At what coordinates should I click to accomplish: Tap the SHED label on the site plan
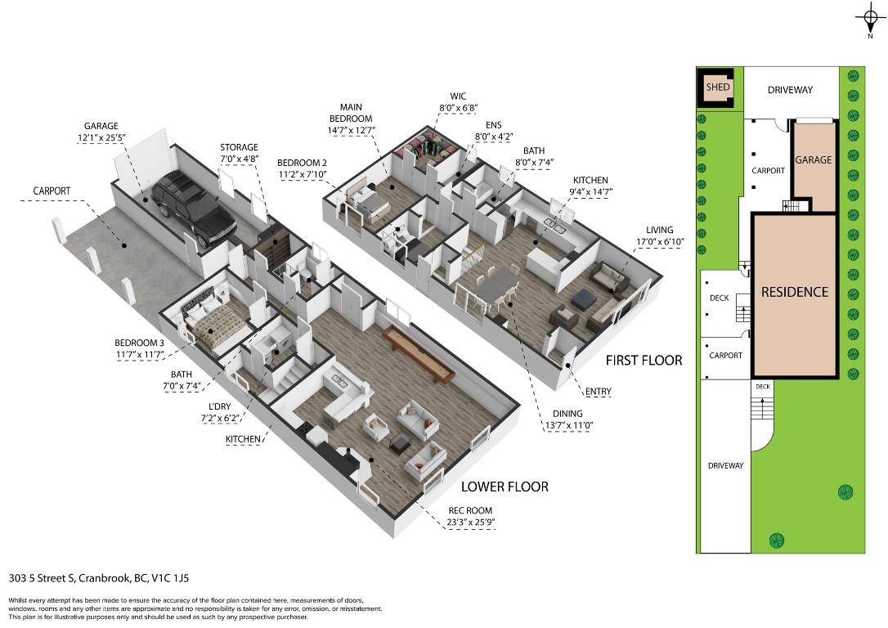(718, 87)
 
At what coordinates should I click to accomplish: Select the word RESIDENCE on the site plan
(795, 292)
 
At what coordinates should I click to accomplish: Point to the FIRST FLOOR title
(644, 361)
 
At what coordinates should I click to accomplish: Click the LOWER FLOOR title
(505, 487)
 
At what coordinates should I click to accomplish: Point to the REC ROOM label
(469, 511)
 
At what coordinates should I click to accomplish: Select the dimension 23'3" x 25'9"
(470, 523)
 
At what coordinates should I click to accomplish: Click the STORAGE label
(238, 147)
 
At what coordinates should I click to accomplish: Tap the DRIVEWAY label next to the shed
(790, 89)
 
